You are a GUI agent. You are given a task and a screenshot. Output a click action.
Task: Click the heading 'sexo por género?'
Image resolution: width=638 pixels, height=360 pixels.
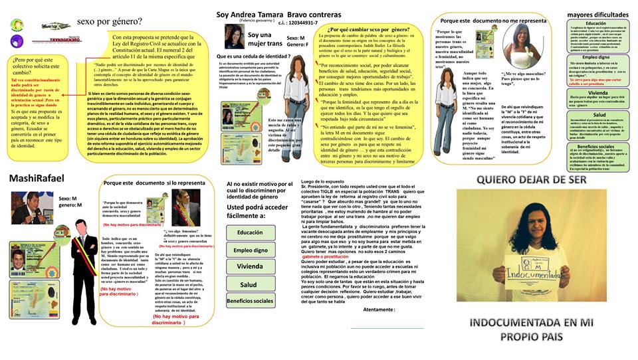[109, 22]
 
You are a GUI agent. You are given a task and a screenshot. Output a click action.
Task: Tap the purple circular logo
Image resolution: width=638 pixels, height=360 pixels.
[18, 41]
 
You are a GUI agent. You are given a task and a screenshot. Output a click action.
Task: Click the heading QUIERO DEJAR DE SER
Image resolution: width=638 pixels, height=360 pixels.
[534, 181]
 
